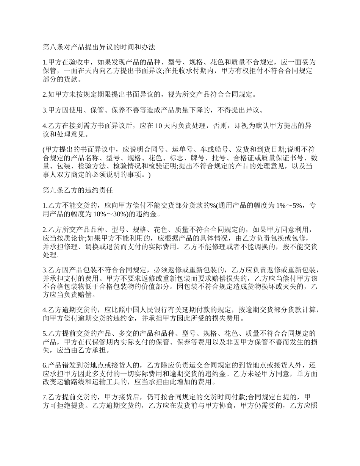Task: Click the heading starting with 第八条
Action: pyautogui.click(x=99, y=47)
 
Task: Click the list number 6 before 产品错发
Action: pyautogui.click(x=44, y=366)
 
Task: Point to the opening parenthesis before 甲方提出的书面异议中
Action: pyautogui.click(x=43, y=150)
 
